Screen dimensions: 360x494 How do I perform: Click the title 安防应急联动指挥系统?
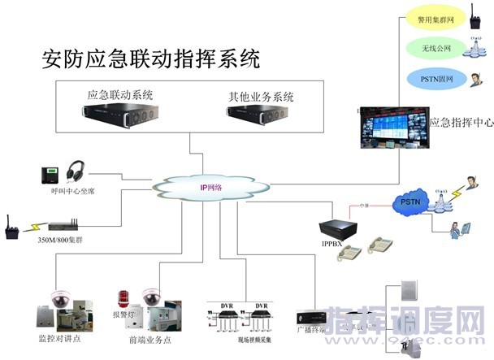pos(150,59)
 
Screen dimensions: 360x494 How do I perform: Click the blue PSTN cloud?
pos(409,201)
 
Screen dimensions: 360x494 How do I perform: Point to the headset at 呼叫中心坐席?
pos(76,171)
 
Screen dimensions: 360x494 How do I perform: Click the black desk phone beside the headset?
pos(50,174)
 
